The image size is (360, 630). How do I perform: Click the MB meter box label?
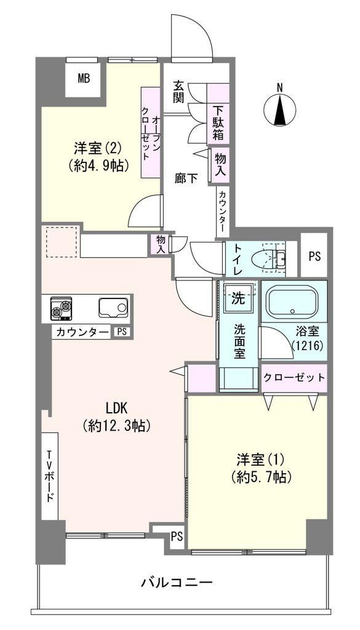tap(84, 78)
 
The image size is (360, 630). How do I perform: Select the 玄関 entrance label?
tap(179, 92)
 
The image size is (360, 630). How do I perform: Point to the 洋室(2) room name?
tap(98, 149)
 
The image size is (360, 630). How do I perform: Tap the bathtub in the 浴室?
tap(294, 301)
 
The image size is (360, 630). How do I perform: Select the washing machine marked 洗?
tap(239, 298)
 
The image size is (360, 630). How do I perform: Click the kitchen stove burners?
tap(61, 308)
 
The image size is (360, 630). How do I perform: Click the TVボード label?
tap(50, 477)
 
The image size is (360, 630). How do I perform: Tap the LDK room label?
tap(116, 408)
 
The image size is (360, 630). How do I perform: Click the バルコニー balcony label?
tap(177, 582)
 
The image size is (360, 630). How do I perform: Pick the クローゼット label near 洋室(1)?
tap(294, 378)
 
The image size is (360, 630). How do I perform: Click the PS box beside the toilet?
tap(314, 257)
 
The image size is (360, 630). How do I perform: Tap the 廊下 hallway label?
tap(186, 178)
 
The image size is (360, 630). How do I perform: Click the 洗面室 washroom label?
tap(240, 341)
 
